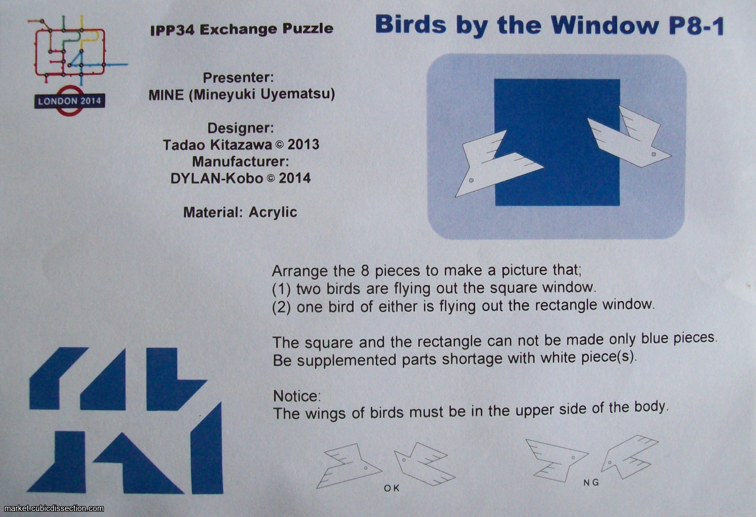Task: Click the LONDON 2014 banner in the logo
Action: coord(70,102)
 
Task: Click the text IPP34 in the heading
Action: coord(172,30)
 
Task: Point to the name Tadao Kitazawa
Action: coord(217,145)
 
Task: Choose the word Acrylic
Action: coord(273,212)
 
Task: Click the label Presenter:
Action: coord(238,78)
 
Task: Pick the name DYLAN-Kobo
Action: coord(217,179)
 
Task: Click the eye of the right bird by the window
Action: coord(654,154)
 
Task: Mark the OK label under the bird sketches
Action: coord(391,488)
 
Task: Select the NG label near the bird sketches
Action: coord(591,483)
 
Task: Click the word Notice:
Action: coord(297,396)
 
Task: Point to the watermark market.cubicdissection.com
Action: coord(54,508)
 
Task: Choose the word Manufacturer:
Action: coord(240,162)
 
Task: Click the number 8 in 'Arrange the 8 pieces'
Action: coord(365,271)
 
